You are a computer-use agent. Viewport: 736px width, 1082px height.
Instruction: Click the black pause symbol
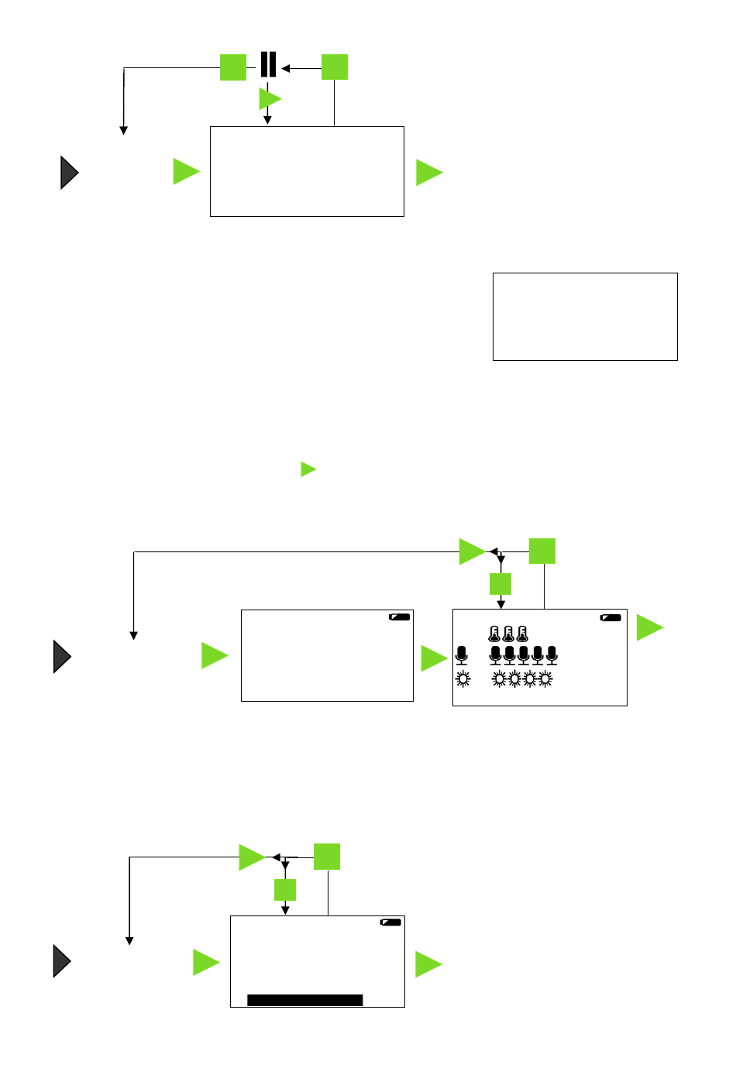[268, 65]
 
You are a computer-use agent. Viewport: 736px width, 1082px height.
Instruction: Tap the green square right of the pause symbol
[335, 67]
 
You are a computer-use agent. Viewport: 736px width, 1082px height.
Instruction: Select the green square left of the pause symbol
[233, 67]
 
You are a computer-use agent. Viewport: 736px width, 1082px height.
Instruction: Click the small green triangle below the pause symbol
[269, 98]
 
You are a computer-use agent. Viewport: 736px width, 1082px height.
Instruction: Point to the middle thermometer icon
[508, 634]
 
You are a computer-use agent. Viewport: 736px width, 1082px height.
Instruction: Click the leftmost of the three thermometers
[494, 634]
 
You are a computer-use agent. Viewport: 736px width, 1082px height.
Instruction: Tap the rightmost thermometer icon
[522, 634]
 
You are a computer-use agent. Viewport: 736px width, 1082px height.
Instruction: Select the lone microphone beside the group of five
[462, 655]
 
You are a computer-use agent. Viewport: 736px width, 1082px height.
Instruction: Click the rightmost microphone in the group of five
[552, 655]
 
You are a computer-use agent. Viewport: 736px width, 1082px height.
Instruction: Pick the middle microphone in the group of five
[524, 655]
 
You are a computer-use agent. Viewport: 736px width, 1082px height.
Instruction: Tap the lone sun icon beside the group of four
[463, 679]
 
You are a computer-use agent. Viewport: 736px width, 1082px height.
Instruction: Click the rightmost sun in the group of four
[545, 679]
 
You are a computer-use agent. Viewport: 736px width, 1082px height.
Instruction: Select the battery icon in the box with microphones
[610, 618]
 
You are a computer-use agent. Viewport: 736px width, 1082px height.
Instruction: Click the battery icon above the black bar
[390, 922]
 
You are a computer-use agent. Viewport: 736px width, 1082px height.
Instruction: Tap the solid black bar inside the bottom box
[304, 1000]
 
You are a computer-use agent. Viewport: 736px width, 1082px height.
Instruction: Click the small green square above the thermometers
[500, 584]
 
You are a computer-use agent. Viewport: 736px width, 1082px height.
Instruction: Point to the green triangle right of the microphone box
[648, 627]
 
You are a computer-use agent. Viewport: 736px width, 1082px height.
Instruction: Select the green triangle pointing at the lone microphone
[432, 658]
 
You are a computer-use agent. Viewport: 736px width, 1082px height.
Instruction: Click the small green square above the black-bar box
[285, 890]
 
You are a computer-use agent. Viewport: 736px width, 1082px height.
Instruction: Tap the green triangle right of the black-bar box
[427, 964]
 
